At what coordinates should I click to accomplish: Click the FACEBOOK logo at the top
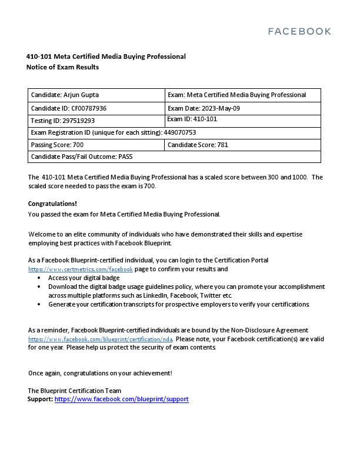[x=299, y=31]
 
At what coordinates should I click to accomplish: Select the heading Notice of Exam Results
[x=62, y=67]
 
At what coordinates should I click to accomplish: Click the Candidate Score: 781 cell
[x=198, y=145]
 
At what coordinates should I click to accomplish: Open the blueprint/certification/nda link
[x=100, y=339]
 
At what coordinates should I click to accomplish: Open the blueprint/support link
[x=121, y=399]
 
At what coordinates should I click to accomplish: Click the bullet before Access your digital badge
[x=39, y=278]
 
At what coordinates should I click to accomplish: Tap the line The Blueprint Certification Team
[x=75, y=391]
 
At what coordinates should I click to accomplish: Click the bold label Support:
[x=40, y=399]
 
